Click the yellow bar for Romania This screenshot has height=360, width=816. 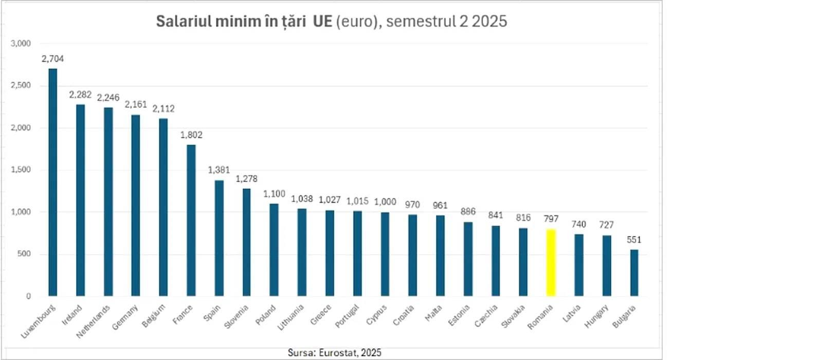coord(551,263)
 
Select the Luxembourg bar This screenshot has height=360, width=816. coord(52,183)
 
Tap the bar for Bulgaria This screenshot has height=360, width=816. coord(634,273)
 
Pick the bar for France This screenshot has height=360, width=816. coord(191,221)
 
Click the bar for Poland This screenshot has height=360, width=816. coord(274,250)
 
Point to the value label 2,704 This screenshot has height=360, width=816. coord(52,59)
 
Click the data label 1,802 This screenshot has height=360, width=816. coord(191,135)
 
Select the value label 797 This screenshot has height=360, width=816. coord(551,219)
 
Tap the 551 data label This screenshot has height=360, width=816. coord(634,240)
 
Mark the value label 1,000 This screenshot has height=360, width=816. coord(385,202)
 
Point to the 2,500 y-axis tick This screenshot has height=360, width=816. coord(21,85)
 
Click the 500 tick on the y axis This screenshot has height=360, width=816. coord(24,254)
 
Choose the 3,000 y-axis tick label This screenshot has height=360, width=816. coord(21,44)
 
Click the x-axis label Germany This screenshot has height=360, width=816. coord(125,317)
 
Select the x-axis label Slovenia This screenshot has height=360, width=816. coord(237,317)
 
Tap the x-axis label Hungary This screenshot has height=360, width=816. coord(596,316)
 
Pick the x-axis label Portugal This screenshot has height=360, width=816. coord(347,316)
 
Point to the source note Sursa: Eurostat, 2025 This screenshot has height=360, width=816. coord(335,353)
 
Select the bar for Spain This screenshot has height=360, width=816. coord(219,238)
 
